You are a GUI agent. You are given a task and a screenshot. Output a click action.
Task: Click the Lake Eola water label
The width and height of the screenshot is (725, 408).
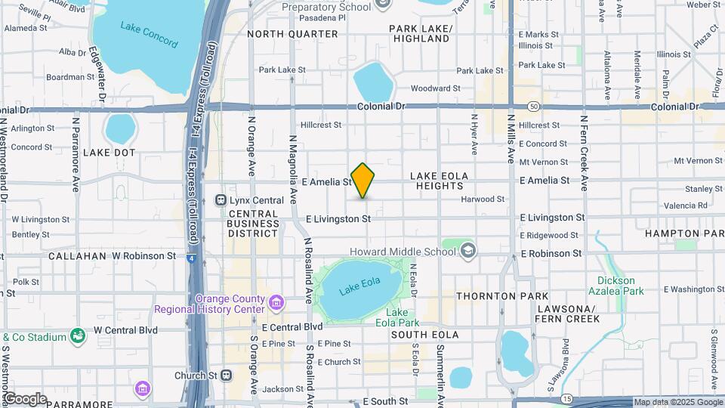pos(359,289)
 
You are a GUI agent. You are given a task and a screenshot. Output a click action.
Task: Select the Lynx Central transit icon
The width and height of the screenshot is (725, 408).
pos(221,200)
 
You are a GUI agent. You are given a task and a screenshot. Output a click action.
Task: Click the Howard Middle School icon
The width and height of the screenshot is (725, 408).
pos(468,251)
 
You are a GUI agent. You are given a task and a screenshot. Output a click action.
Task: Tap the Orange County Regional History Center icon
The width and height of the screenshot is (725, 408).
pos(276,303)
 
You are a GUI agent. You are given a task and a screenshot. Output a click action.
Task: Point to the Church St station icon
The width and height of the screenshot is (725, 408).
pos(225,375)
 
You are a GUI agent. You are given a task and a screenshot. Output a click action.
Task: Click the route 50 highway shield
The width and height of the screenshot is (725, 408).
pos(533,107)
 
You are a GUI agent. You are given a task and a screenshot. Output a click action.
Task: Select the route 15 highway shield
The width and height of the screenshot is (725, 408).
pos(566,397)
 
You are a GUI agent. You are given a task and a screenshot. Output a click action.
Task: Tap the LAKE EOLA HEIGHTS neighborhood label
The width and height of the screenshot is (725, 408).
pos(449,182)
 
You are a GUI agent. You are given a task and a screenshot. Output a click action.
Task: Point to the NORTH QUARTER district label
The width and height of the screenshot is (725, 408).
pos(292,34)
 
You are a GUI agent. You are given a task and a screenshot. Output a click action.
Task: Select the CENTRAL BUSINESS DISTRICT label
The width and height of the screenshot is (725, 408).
pos(253,223)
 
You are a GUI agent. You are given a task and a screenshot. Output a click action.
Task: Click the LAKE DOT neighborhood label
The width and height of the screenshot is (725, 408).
pos(109,152)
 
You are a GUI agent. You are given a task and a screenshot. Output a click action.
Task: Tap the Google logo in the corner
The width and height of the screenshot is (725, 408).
pos(24,399)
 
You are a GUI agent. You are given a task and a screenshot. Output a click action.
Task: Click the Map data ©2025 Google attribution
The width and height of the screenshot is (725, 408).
pos(677,402)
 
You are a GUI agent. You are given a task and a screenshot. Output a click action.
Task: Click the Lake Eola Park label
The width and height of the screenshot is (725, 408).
pos(403,318)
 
